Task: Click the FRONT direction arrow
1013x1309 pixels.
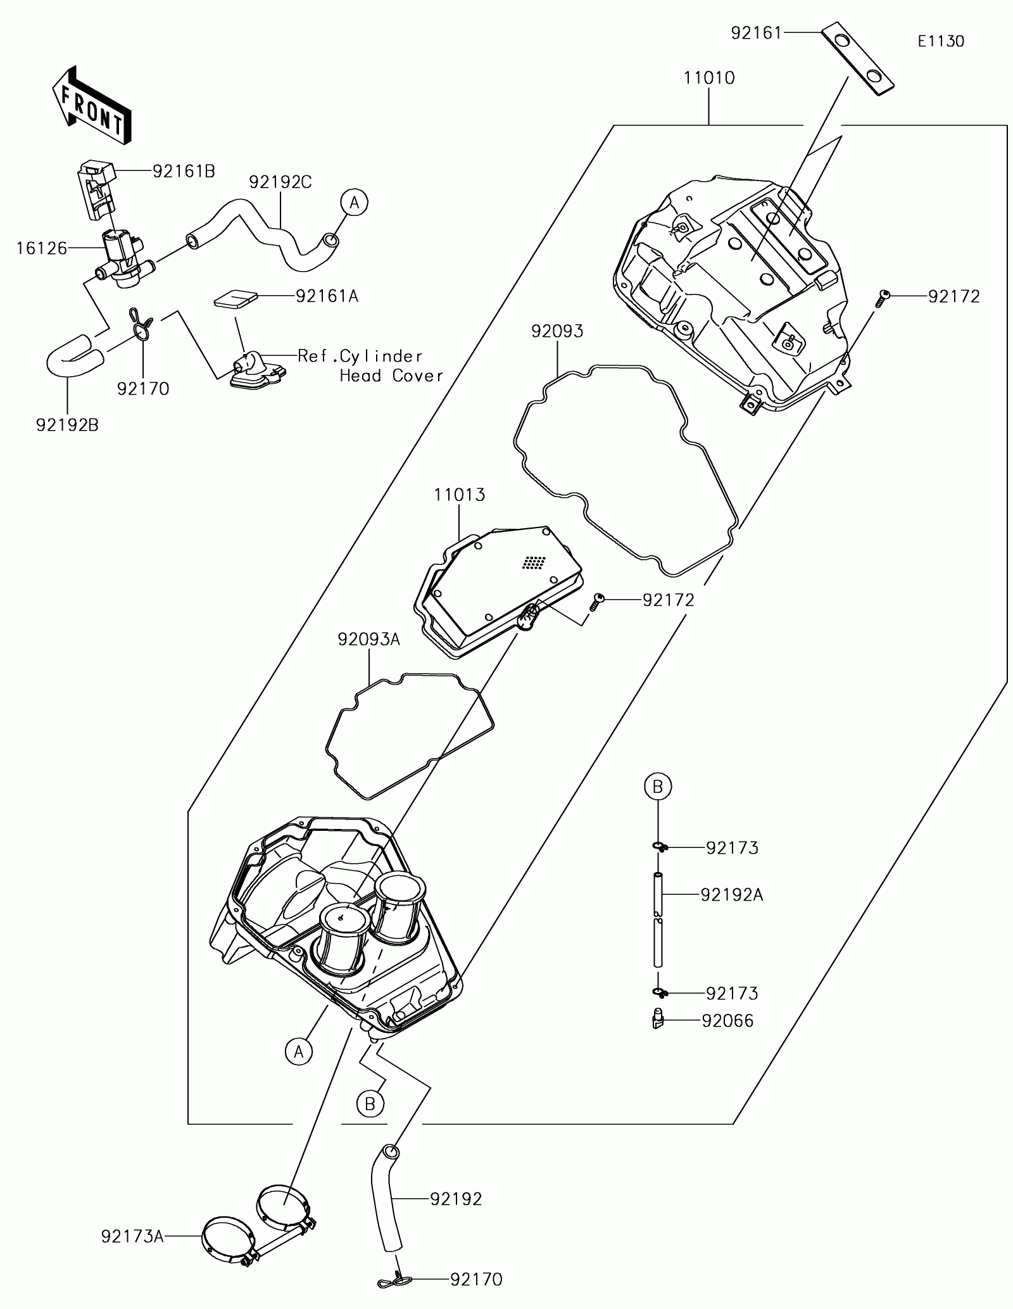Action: (x=92, y=104)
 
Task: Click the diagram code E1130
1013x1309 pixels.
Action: (x=941, y=42)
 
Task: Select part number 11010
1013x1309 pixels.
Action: (x=708, y=79)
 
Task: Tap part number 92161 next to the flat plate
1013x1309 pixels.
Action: (x=757, y=33)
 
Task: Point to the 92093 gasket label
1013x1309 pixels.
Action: (x=557, y=331)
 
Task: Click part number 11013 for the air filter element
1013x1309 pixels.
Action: (x=460, y=495)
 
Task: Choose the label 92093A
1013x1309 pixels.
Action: (x=369, y=640)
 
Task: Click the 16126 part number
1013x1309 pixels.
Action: (x=42, y=248)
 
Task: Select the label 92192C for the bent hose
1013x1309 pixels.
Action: (x=280, y=182)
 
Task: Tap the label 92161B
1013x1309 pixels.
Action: (x=184, y=171)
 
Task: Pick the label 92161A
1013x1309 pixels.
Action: (x=327, y=296)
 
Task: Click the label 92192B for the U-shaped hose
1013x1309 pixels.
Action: (x=67, y=425)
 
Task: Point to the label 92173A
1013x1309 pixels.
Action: (x=132, y=1236)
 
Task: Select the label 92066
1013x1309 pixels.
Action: (x=727, y=1021)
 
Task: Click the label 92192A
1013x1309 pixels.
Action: (x=731, y=895)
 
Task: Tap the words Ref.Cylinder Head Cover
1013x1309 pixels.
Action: (x=370, y=365)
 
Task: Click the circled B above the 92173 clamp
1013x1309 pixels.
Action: (x=657, y=787)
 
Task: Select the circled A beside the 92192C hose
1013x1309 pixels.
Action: (x=354, y=203)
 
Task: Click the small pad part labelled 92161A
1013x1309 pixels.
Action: (x=236, y=298)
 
